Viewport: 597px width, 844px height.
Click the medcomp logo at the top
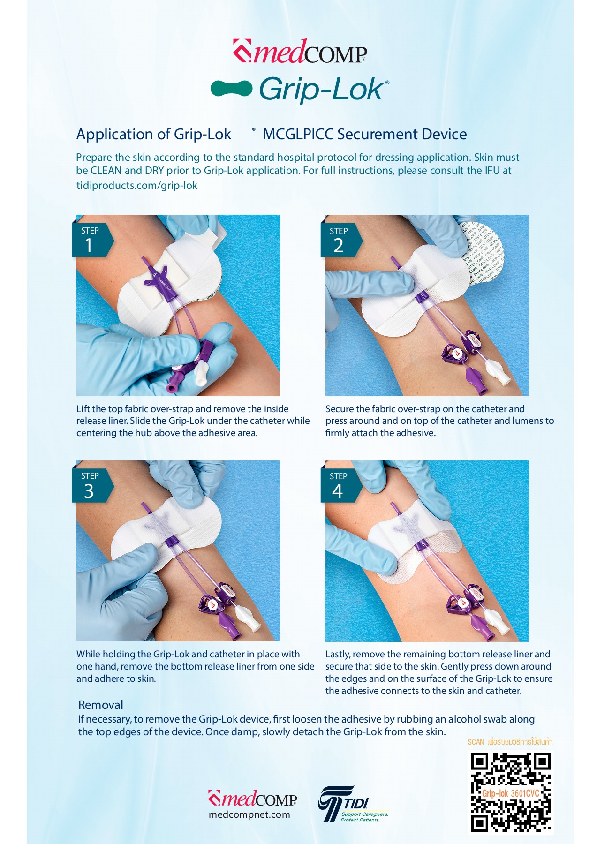click(x=300, y=52)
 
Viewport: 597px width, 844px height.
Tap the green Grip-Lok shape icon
click(x=231, y=88)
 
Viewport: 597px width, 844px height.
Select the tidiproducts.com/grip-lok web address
click(x=137, y=186)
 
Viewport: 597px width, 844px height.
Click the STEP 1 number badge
click(x=91, y=240)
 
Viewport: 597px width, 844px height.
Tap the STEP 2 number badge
click(x=339, y=240)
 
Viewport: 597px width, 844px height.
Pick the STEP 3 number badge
click(x=91, y=485)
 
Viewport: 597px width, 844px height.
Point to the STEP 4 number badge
click(x=339, y=485)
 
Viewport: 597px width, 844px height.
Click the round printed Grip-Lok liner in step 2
click(x=485, y=256)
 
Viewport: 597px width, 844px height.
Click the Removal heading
click(x=101, y=705)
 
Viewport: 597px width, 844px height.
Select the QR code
click(x=511, y=792)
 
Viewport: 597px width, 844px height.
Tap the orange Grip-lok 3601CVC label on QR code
click(x=510, y=793)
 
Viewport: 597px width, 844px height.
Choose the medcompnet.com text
click(x=249, y=815)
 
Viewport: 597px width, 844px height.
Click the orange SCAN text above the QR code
click(x=476, y=742)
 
